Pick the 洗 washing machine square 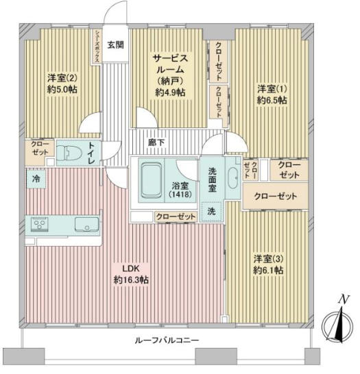pos(212,212)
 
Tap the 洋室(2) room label pos(61,77)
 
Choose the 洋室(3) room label pos(267,258)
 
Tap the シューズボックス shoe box pos(97,46)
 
